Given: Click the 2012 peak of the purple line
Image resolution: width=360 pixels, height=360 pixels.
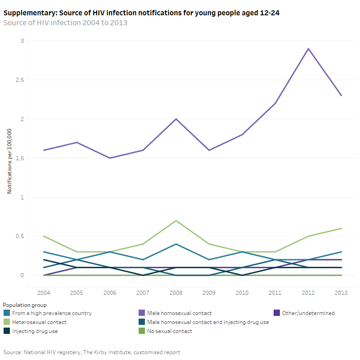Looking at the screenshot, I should [308, 49].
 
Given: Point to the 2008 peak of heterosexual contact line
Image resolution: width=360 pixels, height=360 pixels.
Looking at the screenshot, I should [176, 220].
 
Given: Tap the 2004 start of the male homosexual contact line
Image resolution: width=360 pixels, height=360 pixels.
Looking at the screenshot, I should [44, 150].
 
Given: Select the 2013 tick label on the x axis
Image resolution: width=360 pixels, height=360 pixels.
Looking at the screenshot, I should [341, 293].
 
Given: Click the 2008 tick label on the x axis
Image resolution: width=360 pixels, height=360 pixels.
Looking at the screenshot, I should [176, 293].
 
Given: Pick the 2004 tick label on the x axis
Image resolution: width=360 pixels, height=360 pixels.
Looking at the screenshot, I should [44, 293].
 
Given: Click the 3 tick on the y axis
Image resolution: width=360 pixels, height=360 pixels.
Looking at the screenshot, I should [22, 41].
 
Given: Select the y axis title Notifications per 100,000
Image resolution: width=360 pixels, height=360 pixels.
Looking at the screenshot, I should [9, 158].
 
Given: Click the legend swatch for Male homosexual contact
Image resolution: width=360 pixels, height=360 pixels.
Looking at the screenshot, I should [142, 313].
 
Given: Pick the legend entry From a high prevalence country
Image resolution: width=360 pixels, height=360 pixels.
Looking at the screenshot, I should [51, 313].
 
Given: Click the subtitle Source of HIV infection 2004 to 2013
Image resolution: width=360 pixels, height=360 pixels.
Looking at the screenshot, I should [65, 23].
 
